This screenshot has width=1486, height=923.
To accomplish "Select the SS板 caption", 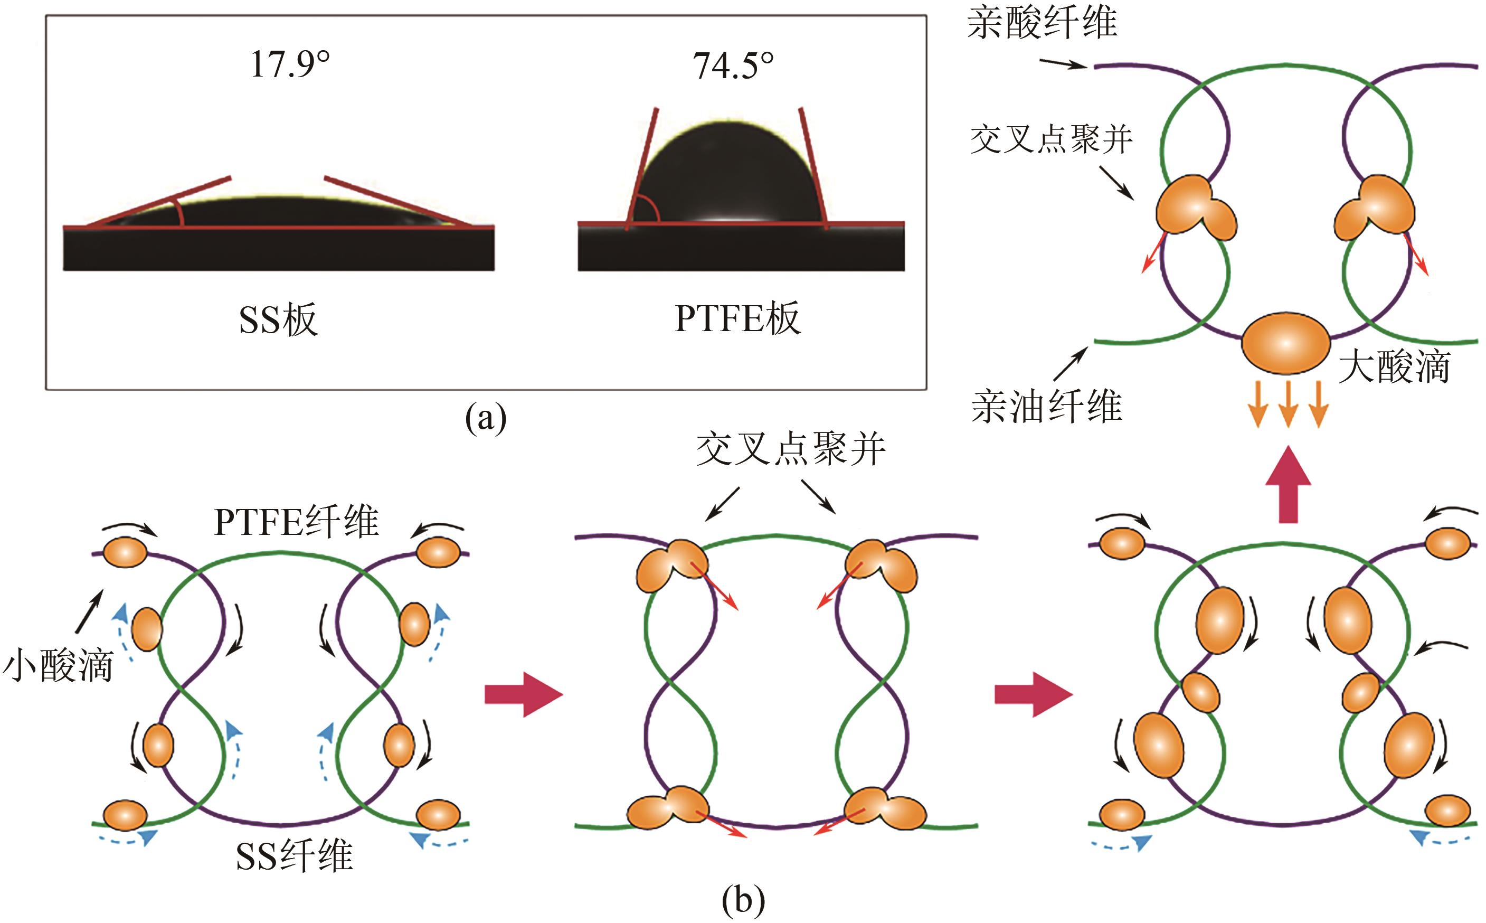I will tap(278, 319).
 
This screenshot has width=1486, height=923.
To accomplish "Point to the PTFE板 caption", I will tap(737, 318).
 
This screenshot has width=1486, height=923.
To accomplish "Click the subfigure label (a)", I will tap(486, 419).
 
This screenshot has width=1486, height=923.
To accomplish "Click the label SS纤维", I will tap(294, 856).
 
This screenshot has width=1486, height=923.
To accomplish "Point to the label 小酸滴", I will tap(58, 665).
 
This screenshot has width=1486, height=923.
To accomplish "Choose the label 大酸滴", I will tap(1395, 366).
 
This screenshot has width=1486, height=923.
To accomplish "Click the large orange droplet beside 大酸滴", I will tap(1286, 343).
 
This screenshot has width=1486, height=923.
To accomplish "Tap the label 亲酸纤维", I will tap(1042, 23).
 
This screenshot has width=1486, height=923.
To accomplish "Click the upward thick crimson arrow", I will tap(1288, 485).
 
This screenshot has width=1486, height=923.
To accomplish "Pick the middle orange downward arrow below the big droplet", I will tap(1288, 403).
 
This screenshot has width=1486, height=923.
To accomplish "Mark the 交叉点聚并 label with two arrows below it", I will tap(790, 450).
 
